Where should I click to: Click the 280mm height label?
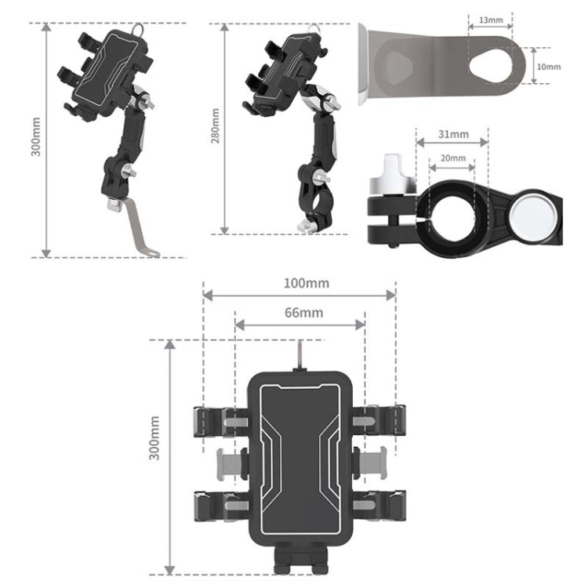tap(216, 128)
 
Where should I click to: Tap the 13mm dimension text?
tap(490, 19)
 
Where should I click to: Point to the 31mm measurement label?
tap(452, 134)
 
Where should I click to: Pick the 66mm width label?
tap(300, 312)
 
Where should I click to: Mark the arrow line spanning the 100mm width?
tap(299, 295)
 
